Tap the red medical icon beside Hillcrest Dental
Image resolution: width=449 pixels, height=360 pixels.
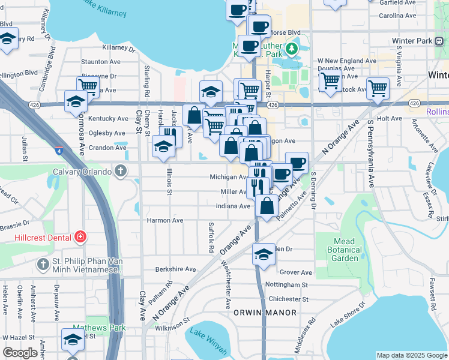[x=80, y=238]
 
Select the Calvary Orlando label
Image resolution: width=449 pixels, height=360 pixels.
[x=85, y=172]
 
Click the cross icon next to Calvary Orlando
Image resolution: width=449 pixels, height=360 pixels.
[x=121, y=172]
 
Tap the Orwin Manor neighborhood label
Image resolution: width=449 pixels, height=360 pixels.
[x=265, y=313]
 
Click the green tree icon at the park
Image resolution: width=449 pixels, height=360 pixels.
[x=292, y=47]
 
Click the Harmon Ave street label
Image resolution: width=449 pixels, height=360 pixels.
[x=165, y=220]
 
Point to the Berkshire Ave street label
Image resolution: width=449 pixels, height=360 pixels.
[x=175, y=269]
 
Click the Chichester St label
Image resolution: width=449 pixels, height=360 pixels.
[x=289, y=299]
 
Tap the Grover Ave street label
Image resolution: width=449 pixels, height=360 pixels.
[x=297, y=272]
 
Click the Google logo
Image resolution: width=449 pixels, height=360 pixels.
[x=20, y=353]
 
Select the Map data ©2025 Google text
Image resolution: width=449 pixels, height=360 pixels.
[x=411, y=355]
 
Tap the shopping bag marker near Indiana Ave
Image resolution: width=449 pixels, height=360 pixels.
[x=267, y=205]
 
